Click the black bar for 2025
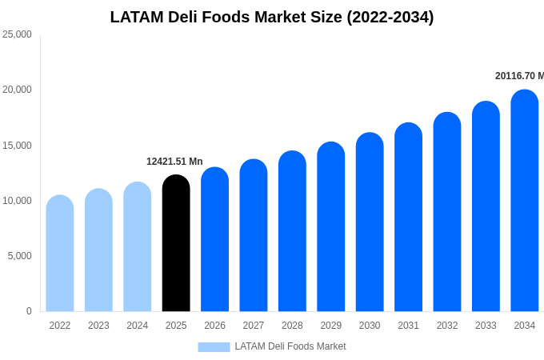pyautogui.click(x=176, y=244)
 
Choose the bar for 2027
pyautogui.click(x=254, y=236)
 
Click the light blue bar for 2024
pyautogui.click(x=138, y=247)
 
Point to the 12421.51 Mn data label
pyautogui.click(x=174, y=162)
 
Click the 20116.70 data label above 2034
pyautogui.click(x=518, y=76)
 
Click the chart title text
pyautogui.click(x=272, y=17)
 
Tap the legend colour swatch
pyautogui.click(x=214, y=347)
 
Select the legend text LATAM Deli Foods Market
pyautogui.click(x=290, y=346)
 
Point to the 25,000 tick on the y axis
pyautogui.click(x=17, y=34)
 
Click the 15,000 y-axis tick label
pyautogui.click(x=17, y=145)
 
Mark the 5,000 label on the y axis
pyautogui.click(x=19, y=256)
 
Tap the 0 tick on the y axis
pyautogui.click(x=29, y=311)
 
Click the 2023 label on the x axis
pyautogui.click(x=98, y=326)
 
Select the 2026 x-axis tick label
pyautogui.click(x=214, y=326)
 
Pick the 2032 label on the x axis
pyautogui.click(x=447, y=326)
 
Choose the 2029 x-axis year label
pyautogui.click(x=331, y=326)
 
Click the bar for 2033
pyautogui.click(x=486, y=207)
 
